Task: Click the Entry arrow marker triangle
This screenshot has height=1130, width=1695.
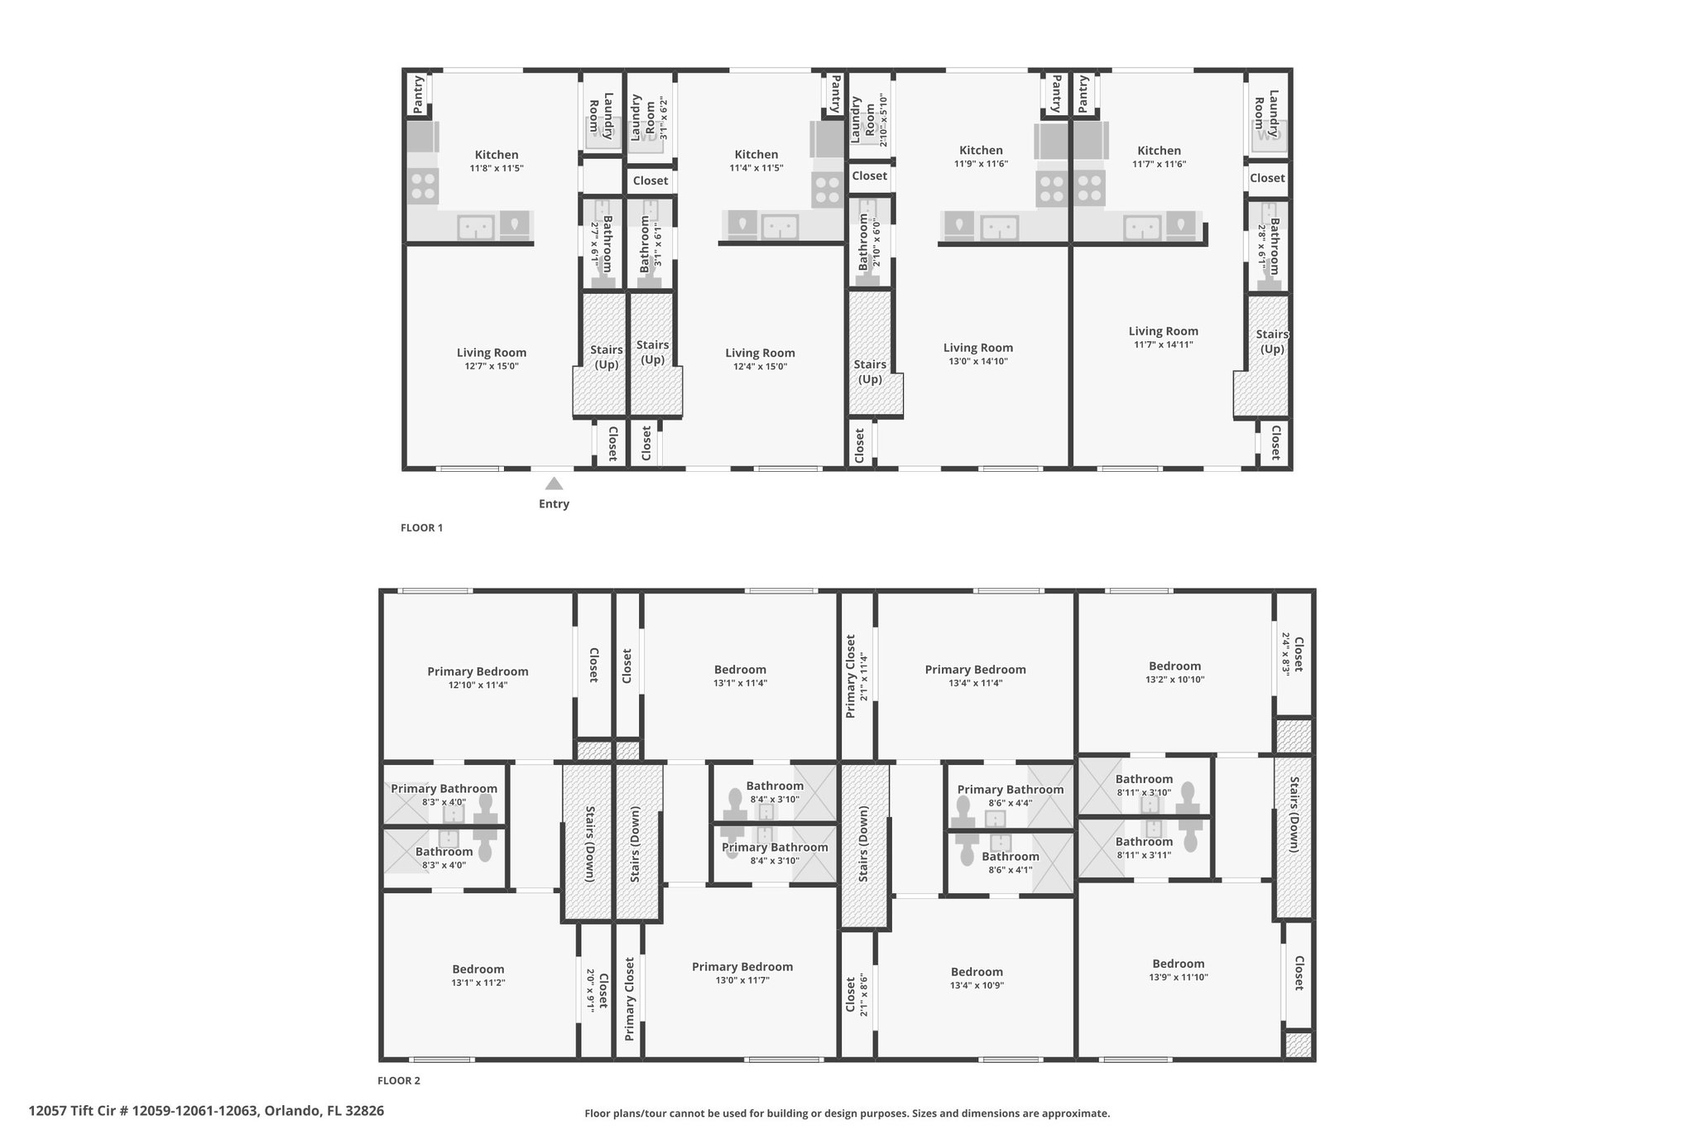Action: tap(554, 483)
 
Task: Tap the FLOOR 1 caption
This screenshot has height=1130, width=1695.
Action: tap(422, 527)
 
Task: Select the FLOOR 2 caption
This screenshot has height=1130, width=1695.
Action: tap(399, 1080)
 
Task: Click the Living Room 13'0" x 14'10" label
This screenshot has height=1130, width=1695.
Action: tap(978, 354)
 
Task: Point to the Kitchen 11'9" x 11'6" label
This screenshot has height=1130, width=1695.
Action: tap(981, 156)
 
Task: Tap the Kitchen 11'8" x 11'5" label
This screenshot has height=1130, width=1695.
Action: tap(497, 161)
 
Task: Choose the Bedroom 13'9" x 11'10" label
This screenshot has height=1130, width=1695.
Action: tap(1179, 969)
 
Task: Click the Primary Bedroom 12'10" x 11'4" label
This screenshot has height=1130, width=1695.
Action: tap(478, 677)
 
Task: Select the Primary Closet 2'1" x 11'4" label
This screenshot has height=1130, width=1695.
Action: tap(856, 676)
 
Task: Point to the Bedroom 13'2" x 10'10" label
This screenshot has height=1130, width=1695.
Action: tap(1174, 672)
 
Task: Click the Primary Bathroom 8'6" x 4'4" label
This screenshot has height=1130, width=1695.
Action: tap(1011, 796)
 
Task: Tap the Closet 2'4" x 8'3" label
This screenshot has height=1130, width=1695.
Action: tap(1292, 655)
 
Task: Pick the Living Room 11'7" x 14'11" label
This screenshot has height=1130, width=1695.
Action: tap(1163, 337)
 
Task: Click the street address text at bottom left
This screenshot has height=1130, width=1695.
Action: tap(206, 1110)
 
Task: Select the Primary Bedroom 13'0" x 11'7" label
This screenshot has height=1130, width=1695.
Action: tap(742, 973)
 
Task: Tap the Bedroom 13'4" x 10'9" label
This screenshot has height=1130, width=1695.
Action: tap(977, 978)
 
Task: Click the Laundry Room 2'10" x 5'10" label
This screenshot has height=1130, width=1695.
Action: tap(869, 120)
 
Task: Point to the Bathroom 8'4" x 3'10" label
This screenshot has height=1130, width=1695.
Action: tap(775, 792)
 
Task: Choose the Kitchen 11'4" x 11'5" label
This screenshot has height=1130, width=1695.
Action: tap(756, 161)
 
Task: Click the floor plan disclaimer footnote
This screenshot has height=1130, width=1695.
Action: tap(847, 1113)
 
